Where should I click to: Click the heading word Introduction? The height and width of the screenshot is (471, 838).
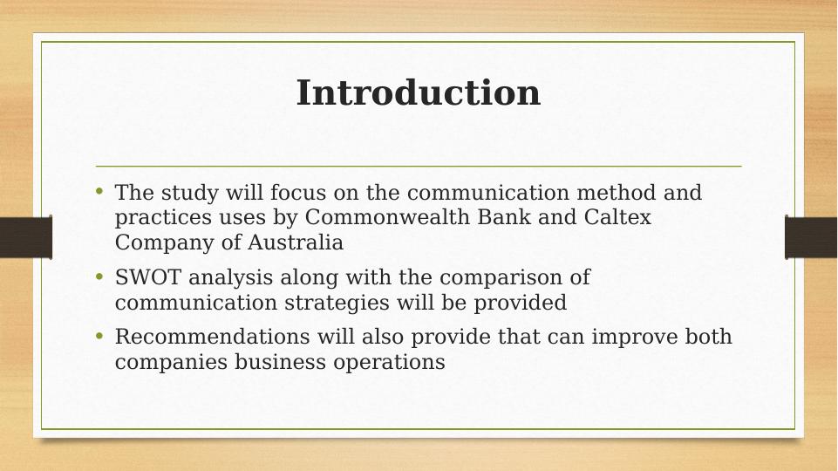pos(419,92)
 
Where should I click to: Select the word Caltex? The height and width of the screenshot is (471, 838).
pos(617,217)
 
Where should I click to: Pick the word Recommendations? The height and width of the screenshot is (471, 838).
pos(212,337)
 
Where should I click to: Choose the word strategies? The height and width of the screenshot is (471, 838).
pos(337,303)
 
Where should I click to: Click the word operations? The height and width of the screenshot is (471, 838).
pos(389,362)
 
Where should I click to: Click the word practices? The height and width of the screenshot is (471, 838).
pos(163,217)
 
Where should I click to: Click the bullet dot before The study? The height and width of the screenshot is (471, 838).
pos(99,191)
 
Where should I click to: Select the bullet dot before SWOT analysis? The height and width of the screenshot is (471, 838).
pos(99,276)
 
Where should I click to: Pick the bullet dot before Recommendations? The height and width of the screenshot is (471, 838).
pos(99,335)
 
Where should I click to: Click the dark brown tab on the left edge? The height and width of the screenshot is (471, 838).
pos(26,237)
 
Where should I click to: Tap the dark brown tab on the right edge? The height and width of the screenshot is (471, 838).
pos(811,237)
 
